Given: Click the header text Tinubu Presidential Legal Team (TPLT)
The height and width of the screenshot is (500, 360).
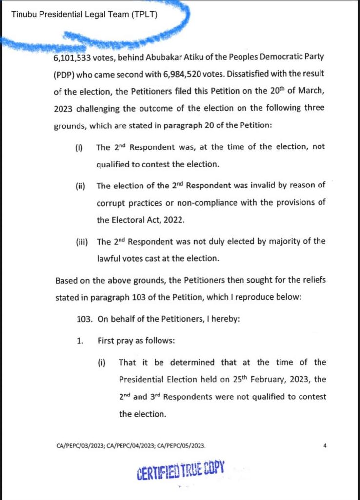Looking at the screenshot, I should (84, 14).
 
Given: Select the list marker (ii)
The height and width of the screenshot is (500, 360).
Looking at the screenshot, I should (80, 186).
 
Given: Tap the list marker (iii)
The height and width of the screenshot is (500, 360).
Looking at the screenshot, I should (81, 241).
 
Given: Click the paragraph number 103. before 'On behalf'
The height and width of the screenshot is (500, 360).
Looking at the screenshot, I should (84, 320).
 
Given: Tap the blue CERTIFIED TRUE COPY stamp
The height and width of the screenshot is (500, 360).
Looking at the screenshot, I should (180, 470).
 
